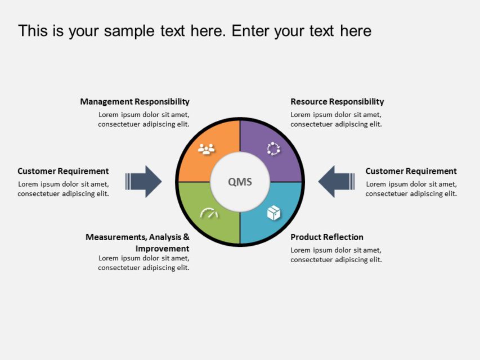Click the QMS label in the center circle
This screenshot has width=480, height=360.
click(x=240, y=182)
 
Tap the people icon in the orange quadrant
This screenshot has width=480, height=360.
click(x=207, y=149)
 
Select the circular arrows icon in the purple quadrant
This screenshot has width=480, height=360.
click(x=273, y=148)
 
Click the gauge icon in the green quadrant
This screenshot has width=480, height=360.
click(x=209, y=214)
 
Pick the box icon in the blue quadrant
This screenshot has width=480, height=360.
click(x=273, y=213)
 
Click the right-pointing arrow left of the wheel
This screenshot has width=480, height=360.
click(x=145, y=181)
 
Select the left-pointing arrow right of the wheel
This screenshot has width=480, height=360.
click(x=336, y=181)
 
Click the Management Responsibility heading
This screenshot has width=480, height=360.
click(x=134, y=102)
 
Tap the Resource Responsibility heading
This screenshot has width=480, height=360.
click(x=337, y=102)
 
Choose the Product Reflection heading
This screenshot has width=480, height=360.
click(x=327, y=237)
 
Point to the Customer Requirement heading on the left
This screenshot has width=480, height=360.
click(x=63, y=171)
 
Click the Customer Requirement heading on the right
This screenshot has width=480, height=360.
click(x=411, y=171)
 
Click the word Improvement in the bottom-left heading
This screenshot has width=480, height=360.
click(x=162, y=249)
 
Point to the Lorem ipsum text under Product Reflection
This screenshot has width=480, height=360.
click(x=336, y=255)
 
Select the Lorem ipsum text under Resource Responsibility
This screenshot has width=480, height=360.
click(x=336, y=119)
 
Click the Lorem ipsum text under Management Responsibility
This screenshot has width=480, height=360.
click(x=143, y=119)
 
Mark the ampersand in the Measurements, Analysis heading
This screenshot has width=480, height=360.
click(x=186, y=237)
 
